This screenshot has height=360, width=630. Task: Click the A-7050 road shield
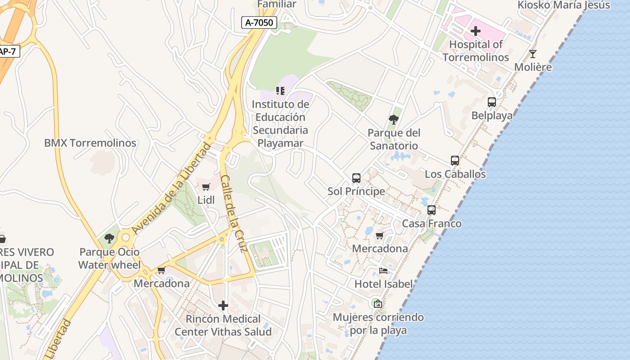[x=259, y=22]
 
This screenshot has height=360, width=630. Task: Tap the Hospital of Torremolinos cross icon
[x=475, y=31]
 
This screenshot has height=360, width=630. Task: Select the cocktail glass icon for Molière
[x=533, y=54]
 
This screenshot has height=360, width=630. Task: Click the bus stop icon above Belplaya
[x=491, y=102]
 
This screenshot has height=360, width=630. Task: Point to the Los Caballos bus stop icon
[x=454, y=161]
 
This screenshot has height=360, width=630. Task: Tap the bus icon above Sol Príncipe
[x=356, y=178]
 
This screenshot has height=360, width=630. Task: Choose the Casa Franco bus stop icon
[x=431, y=210]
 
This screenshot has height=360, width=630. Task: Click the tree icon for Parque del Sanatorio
[x=394, y=120]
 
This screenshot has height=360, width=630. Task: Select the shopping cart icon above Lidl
[x=206, y=187]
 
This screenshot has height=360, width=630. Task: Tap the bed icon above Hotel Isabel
[x=383, y=270]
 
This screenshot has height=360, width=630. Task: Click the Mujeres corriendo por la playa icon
[x=378, y=304]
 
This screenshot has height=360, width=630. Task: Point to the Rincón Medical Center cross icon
[x=223, y=306]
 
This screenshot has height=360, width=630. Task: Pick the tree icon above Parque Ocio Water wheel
[x=109, y=238]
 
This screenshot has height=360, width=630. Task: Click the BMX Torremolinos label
[x=90, y=143]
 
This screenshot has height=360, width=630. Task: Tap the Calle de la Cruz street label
[x=234, y=214]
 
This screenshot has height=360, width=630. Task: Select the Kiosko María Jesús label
[x=564, y=5]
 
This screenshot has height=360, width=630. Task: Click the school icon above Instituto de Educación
[x=280, y=91]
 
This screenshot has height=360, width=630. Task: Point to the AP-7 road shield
[x=8, y=51]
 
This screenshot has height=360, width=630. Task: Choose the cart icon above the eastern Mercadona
[x=379, y=235]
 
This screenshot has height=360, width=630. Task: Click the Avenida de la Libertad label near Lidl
[x=171, y=188]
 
